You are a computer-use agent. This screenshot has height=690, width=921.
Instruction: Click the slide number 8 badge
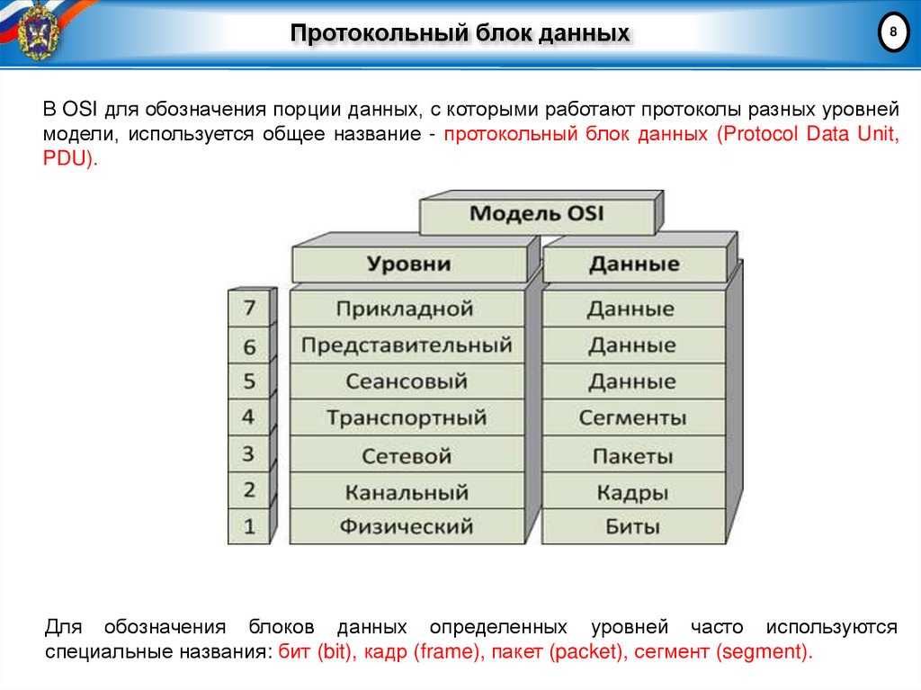click(x=892, y=33)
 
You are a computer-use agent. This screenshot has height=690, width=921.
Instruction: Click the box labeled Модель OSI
click(x=537, y=214)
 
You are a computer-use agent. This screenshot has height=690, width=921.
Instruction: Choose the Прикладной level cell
click(x=405, y=309)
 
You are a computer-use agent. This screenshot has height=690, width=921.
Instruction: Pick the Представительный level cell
click(x=407, y=345)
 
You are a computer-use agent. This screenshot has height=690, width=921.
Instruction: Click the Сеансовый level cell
click(x=407, y=381)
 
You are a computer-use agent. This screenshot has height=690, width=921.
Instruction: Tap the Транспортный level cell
click(x=407, y=418)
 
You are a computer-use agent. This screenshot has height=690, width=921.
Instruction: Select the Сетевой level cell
click(x=407, y=455)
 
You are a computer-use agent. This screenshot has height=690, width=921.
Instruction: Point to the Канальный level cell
click(x=407, y=492)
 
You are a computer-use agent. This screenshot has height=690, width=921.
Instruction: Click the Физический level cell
click(x=407, y=527)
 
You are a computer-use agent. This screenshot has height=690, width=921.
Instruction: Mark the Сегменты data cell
click(x=632, y=418)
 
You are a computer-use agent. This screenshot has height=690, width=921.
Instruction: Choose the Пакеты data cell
click(x=632, y=455)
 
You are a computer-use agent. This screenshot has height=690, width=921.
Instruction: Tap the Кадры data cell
click(x=632, y=492)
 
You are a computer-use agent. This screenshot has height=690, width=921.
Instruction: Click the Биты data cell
click(x=632, y=527)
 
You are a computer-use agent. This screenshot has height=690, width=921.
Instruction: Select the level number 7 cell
click(x=249, y=309)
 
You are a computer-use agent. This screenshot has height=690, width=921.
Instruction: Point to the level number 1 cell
click(x=249, y=527)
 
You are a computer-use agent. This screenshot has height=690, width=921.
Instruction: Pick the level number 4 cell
click(x=249, y=418)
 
